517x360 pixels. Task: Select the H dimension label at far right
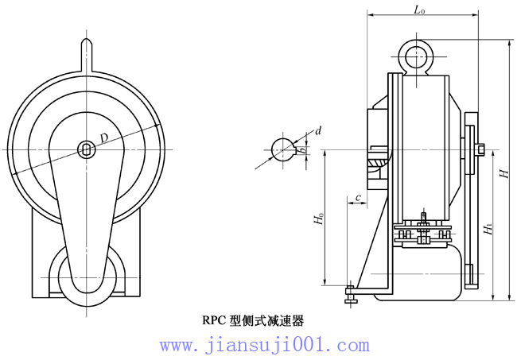pyautogui.click(x=503, y=172)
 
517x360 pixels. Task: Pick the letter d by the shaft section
pyautogui.click(x=318, y=130)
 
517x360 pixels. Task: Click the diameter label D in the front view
pyautogui.click(x=104, y=139)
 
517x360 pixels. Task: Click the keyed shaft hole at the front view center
pyautogui.click(x=86, y=148)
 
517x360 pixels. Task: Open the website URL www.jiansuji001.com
pyautogui.click(x=264, y=345)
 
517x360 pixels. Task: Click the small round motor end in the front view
pyautogui.click(x=86, y=275)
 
